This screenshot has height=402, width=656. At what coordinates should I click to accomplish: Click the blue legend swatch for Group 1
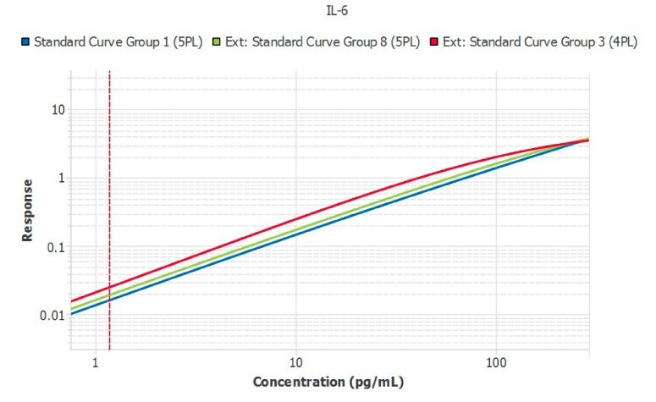(x=25, y=41)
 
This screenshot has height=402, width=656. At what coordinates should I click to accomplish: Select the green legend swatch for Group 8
(x=218, y=41)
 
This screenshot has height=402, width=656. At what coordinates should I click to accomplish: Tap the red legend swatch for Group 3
(x=435, y=41)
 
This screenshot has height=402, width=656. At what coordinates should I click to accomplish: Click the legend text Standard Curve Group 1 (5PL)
(x=118, y=41)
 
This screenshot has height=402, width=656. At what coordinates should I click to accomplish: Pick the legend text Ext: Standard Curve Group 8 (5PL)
(x=322, y=41)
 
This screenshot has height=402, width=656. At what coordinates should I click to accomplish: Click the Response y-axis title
(x=28, y=210)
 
